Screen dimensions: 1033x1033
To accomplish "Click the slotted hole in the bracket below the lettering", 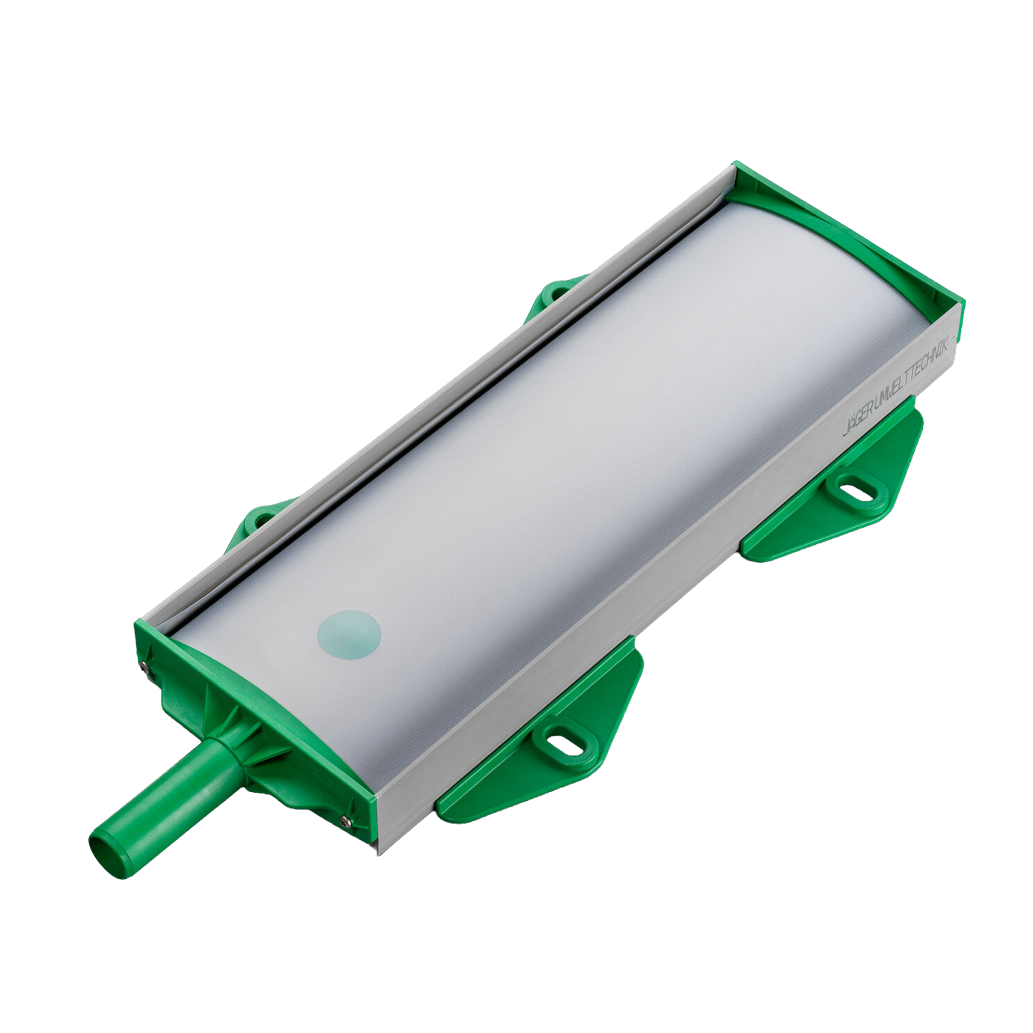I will coord(855,490).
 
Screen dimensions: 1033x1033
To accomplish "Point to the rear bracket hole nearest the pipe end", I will coord(261,518).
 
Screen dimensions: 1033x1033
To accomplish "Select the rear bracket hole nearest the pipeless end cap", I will coord(552,295).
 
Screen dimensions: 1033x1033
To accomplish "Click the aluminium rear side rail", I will coord(449,389).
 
